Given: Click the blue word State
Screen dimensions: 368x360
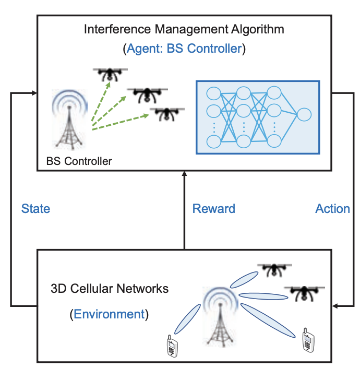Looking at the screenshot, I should [35, 209].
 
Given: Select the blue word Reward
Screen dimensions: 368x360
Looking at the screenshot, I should [214, 209].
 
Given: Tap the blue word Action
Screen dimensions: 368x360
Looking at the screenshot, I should [332, 209].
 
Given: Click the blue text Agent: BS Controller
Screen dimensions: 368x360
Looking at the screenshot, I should [184, 49].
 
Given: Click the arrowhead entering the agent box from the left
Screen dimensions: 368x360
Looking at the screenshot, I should [34, 93].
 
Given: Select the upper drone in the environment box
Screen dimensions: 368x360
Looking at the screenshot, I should [272, 269].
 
